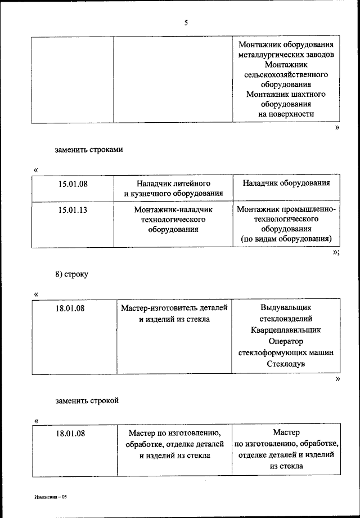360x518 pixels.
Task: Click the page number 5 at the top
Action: (x=186, y=23)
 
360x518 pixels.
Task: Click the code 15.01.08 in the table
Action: (x=73, y=184)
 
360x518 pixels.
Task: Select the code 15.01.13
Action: (x=73, y=210)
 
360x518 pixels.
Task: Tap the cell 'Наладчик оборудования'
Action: (x=286, y=184)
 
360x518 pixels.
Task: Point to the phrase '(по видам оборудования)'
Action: (x=286, y=239)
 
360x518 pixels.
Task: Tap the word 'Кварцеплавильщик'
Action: (x=286, y=331)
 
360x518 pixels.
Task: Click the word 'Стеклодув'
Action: (x=286, y=364)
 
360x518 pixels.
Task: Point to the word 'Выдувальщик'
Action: (x=286, y=308)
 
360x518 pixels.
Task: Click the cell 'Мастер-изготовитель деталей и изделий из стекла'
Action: (x=174, y=314)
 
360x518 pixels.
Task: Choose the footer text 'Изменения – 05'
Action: (x=50, y=497)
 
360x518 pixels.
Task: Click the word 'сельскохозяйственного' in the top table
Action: (x=286, y=74)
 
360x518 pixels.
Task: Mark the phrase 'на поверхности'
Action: (x=286, y=114)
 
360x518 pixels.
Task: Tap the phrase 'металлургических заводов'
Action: (x=286, y=55)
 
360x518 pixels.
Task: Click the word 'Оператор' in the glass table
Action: (x=286, y=342)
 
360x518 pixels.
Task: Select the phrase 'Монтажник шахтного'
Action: (x=286, y=94)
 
